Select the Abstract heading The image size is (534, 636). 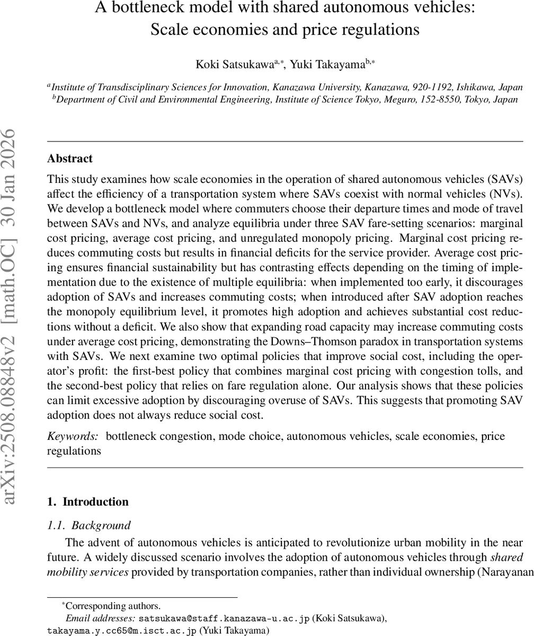click(69, 158)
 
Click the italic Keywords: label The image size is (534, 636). click(73, 436)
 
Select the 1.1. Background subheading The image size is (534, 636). click(88, 525)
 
